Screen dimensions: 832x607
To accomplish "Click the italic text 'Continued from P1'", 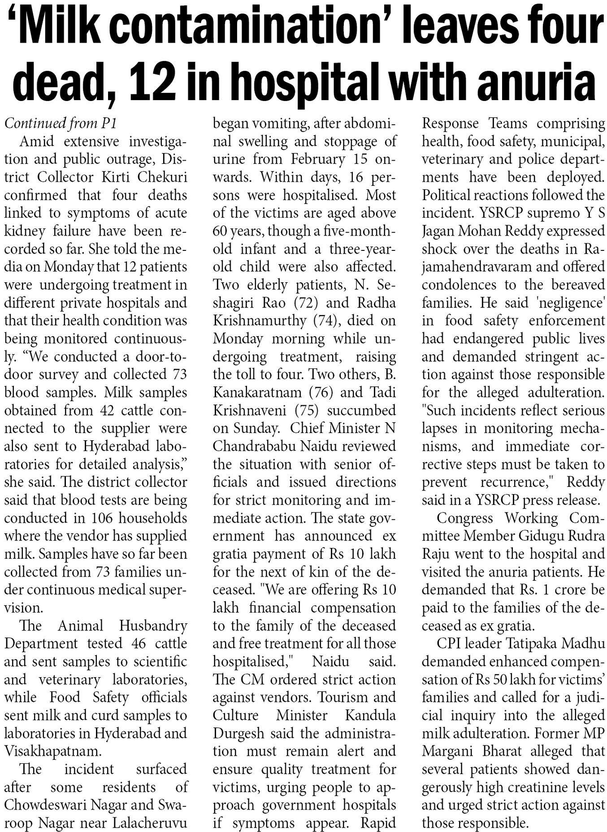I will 60,123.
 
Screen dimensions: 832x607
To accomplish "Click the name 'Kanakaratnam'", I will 257,393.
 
